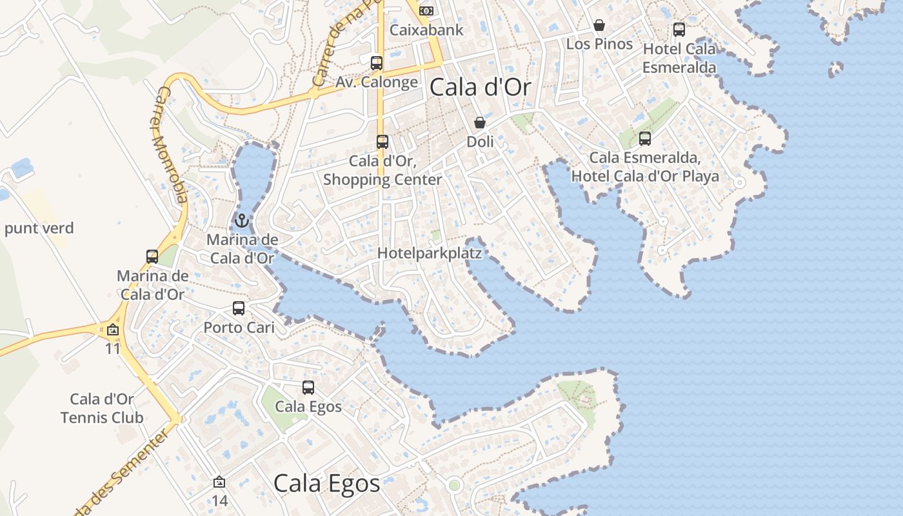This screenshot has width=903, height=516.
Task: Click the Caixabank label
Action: pyautogui.click(x=427, y=30)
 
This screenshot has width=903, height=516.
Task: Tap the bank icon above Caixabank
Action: pyautogui.click(x=426, y=10)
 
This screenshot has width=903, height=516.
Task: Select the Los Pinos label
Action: pyautogui.click(x=599, y=44)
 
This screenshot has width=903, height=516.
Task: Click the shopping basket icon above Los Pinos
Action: pyautogui.click(x=599, y=25)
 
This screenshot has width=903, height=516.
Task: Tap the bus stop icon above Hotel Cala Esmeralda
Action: pyautogui.click(x=679, y=29)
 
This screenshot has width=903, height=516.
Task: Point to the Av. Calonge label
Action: pyautogui.click(x=377, y=82)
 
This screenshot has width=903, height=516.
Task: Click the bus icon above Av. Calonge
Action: pyautogui.click(x=377, y=63)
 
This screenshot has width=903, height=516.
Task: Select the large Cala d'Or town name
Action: pyautogui.click(x=481, y=87)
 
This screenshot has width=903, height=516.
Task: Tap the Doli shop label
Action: pyautogui.click(x=480, y=141)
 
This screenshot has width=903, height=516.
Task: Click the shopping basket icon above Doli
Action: pyautogui.click(x=480, y=123)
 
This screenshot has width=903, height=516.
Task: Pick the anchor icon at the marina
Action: pyautogui.click(x=242, y=221)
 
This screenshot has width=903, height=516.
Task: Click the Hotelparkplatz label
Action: pyautogui.click(x=430, y=253)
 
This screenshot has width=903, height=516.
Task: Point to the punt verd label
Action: pyautogui.click(x=39, y=228)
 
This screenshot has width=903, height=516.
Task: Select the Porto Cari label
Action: pyautogui.click(x=239, y=327)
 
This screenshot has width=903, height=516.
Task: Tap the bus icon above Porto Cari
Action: pyautogui.click(x=239, y=308)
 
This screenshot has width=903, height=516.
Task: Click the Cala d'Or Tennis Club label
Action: pyautogui.click(x=102, y=408)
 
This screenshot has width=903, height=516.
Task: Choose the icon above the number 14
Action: pyautogui.click(x=219, y=482)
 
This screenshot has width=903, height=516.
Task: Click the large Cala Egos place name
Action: pyautogui.click(x=326, y=483)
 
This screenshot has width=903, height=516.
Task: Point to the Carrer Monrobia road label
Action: pyautogui.click(x=170, y=146)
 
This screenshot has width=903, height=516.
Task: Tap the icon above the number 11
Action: pyautogui.click(x=113, y=330)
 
